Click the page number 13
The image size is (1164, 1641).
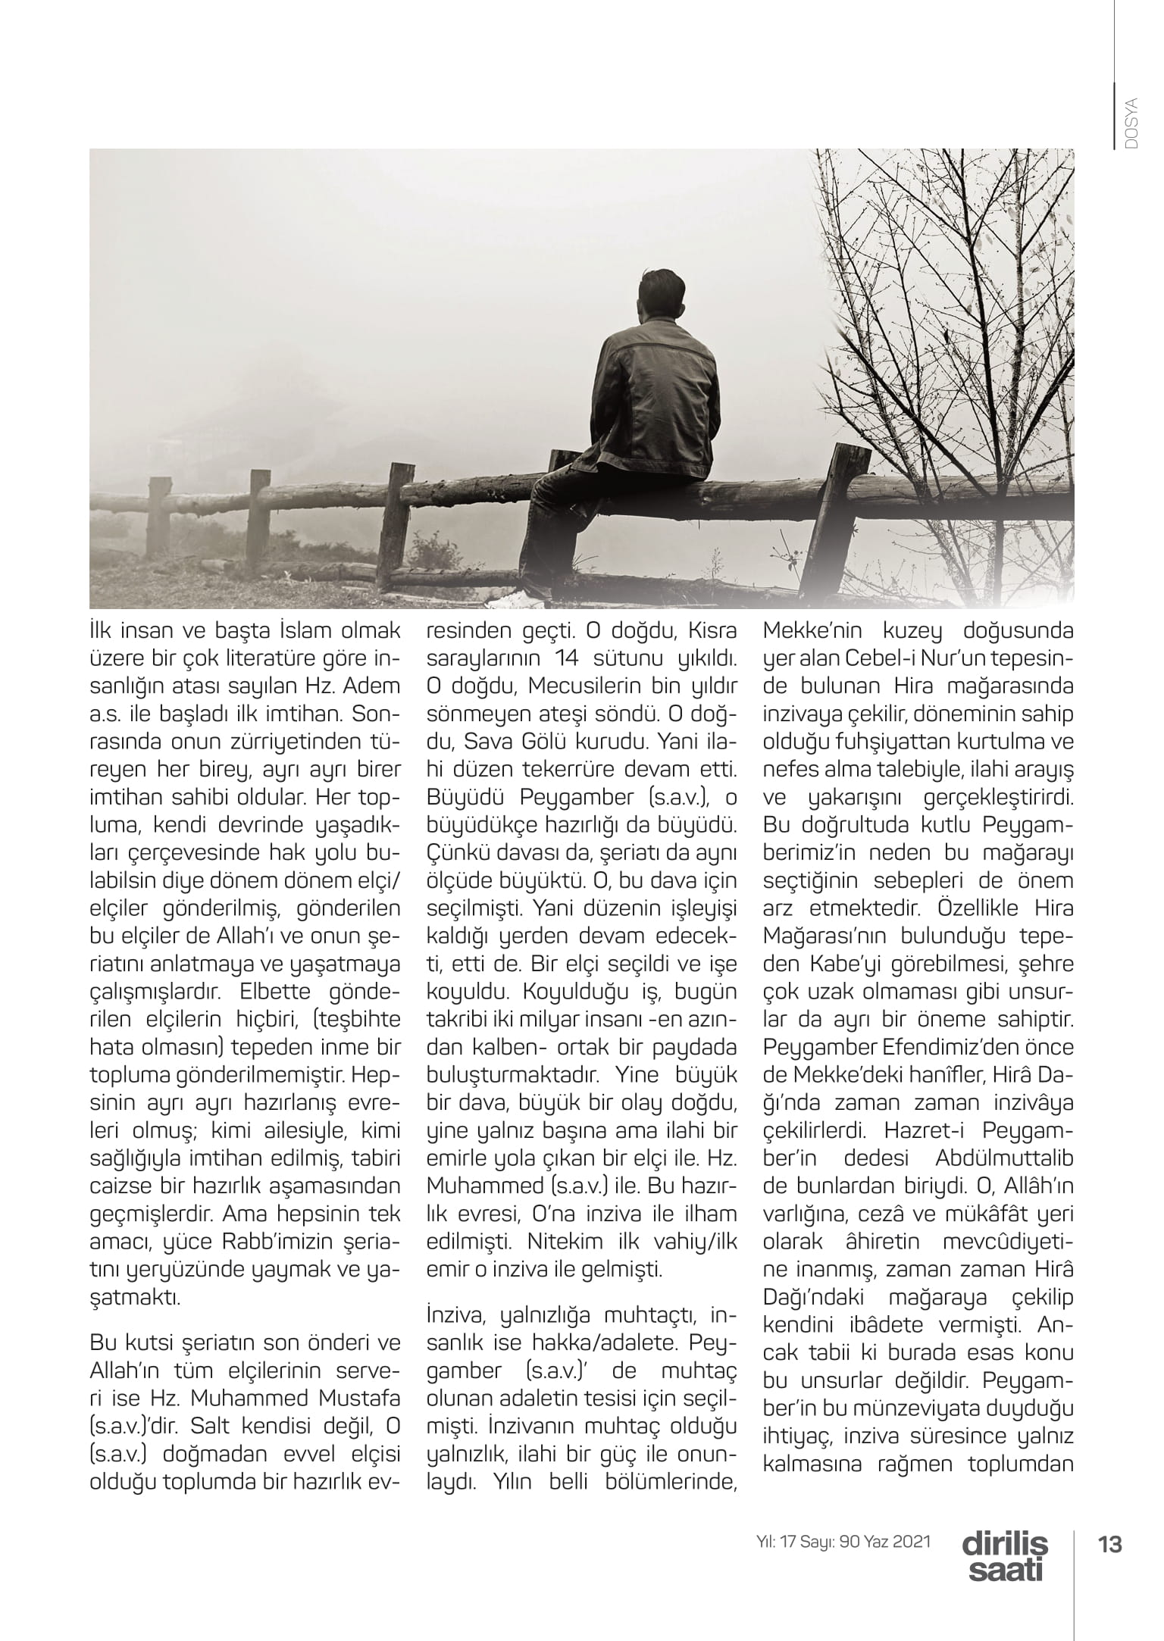click(1111, 1543)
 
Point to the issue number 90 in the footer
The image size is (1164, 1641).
click(850, 1540)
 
